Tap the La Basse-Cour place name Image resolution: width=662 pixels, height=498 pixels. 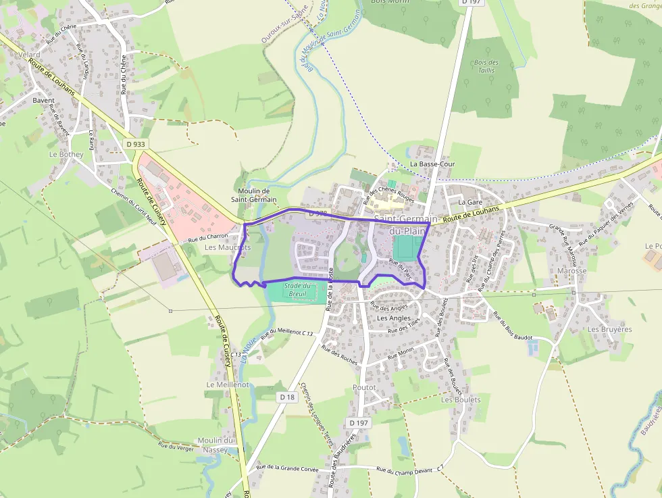(x=433, y=164)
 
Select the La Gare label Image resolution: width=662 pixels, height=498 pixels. (x=470, y=202)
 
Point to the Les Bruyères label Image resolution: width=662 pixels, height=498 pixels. (x=609, y=329)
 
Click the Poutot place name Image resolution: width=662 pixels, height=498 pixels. (x=363, y=387)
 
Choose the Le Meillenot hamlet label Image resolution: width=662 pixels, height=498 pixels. (x=228, y=384)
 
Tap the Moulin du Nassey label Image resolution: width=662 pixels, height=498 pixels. (x=215, y=445)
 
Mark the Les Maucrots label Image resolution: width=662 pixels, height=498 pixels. (x=227, y=247)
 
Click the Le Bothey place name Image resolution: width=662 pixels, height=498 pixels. (x=66, y=154)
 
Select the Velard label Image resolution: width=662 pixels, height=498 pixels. (x=30, y=54)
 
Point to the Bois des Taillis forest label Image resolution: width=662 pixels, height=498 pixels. (x=486, y=66)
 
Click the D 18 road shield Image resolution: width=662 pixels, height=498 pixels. (x=288, y=397)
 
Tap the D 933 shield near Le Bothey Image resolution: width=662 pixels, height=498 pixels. (x=135, y=144)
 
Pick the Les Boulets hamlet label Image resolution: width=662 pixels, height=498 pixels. (x=461, y=399)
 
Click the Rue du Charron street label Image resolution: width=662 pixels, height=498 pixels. (x=208, y=237)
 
